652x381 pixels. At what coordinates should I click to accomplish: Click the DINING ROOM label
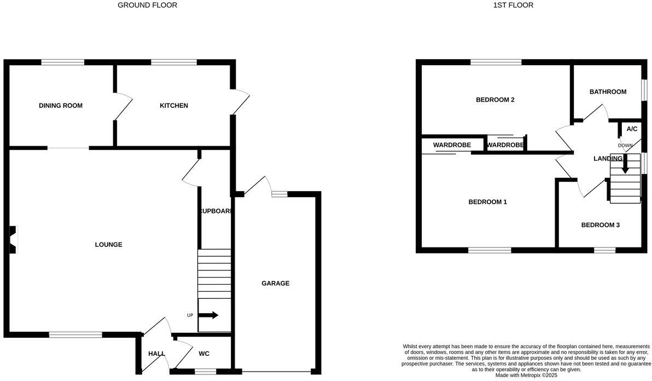61,106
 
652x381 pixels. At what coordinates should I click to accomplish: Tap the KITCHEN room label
173,106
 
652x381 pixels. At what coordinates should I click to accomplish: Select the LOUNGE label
108,245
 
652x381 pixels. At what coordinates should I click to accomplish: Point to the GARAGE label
275,284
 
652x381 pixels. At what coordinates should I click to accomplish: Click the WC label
204,354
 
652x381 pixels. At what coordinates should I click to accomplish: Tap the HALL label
156,354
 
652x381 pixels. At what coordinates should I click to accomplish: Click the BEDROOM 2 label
495,100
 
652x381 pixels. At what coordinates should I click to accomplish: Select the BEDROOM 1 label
487,202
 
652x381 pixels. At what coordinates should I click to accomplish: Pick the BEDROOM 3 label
600,225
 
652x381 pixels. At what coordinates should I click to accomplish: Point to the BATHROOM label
608,92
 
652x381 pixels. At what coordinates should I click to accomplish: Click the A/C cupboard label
632,129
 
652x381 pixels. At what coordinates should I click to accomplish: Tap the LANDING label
608,159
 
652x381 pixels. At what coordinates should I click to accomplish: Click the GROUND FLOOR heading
148,5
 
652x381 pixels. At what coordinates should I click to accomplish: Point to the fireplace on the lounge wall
13,240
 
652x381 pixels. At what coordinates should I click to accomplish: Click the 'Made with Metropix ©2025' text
526,376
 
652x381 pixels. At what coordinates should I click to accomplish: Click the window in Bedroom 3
604,250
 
